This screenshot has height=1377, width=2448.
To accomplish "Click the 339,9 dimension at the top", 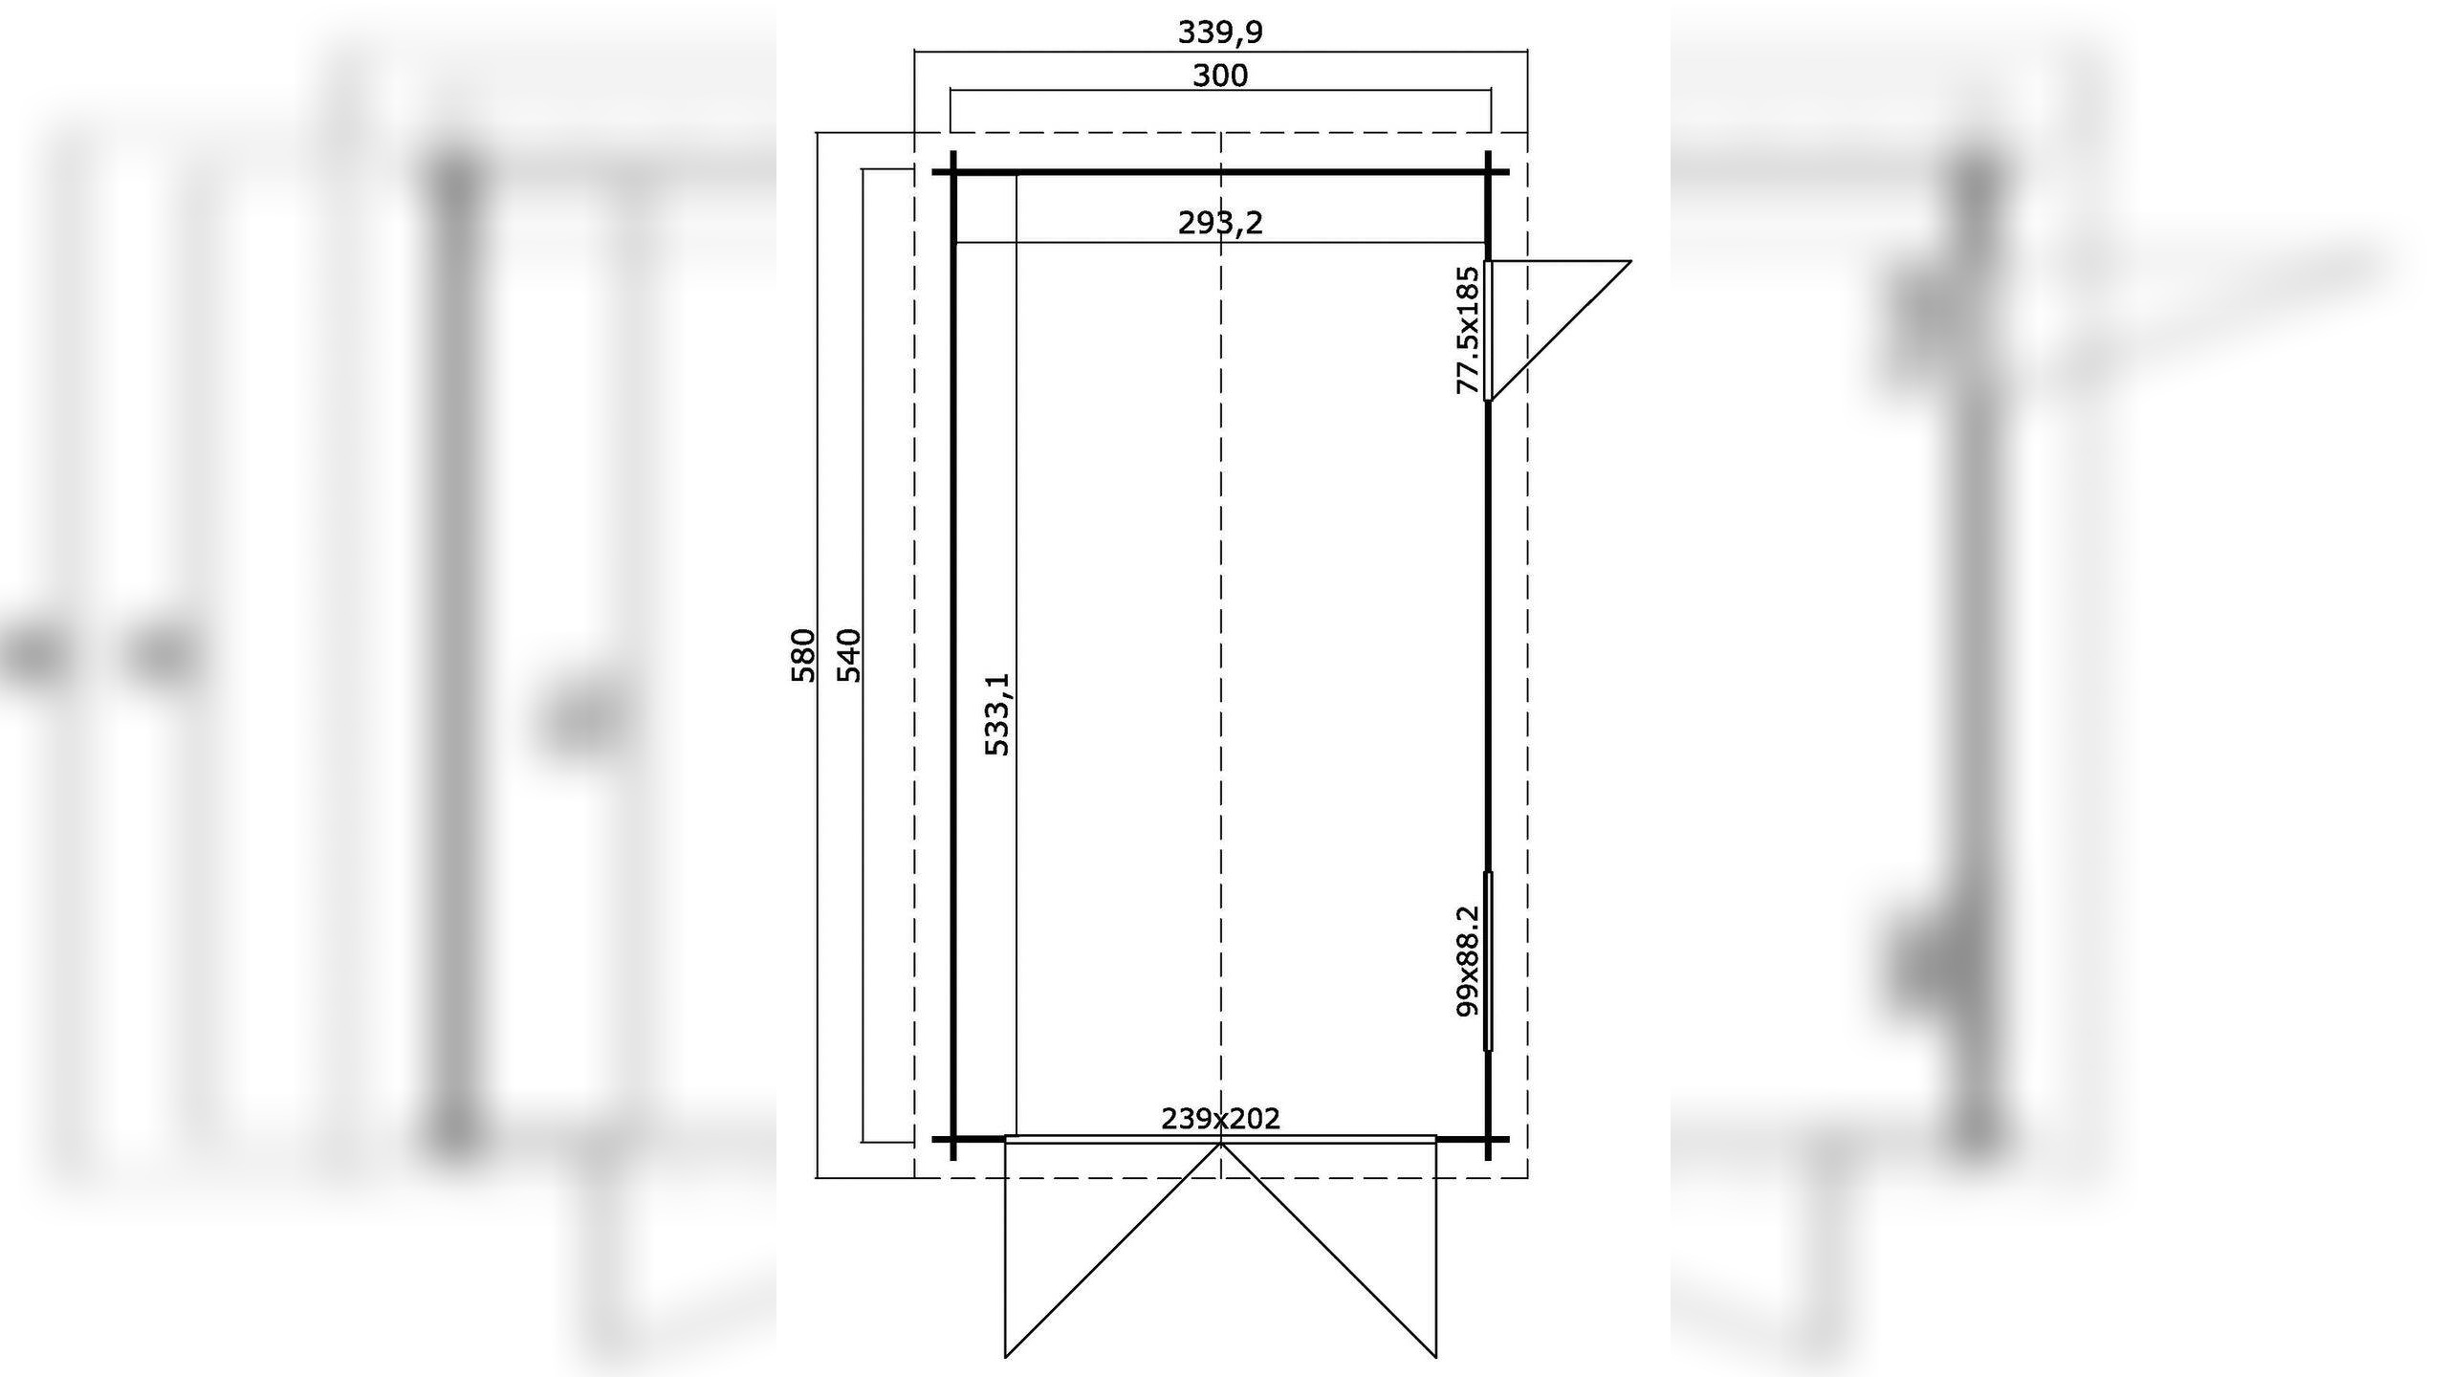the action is (x=1220, y=33).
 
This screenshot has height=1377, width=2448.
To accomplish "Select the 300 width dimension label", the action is (x=1220, y=76).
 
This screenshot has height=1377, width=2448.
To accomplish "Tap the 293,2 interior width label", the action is (x=1220, y=223).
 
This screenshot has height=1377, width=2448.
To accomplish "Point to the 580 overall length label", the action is (x=803, y=655).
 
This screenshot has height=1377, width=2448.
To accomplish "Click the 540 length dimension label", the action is (x=849, y=655).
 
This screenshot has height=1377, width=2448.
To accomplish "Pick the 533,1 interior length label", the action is (x=996, y=714).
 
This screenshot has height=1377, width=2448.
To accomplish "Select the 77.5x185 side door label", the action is (x=1467, y=331).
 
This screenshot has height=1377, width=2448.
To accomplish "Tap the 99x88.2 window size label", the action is (x=1467, y=962).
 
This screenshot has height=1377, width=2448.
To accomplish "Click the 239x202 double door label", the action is (x=1220, y=1119).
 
